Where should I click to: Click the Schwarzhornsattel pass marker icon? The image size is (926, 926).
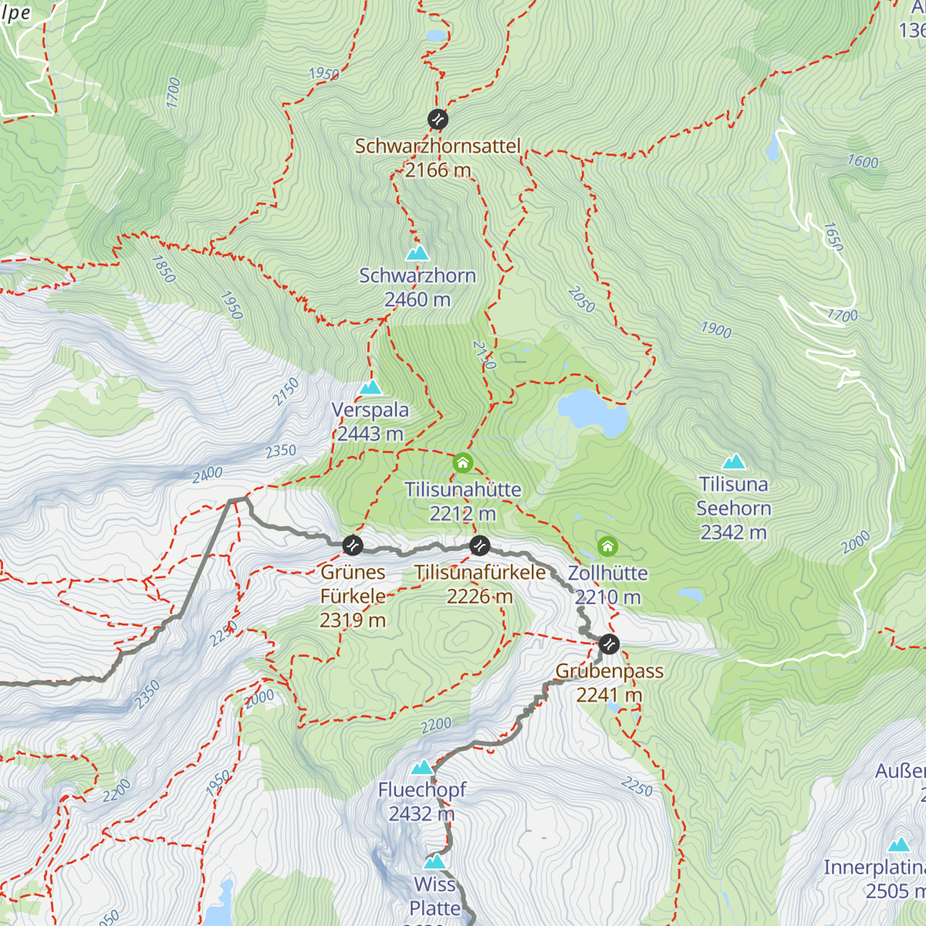438,119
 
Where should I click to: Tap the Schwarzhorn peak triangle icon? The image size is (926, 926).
417,253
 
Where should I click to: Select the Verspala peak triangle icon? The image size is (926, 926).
370,387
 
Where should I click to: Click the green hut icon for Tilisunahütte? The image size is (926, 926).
462,463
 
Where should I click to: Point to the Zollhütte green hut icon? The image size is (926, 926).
607,547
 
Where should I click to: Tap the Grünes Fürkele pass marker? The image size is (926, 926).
352,546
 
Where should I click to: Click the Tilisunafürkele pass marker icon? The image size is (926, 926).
480,546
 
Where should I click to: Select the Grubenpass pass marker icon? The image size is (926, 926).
609,644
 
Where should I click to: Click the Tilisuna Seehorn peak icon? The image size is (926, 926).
734,462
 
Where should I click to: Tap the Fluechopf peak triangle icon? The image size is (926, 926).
421,767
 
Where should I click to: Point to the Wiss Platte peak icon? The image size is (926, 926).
435,862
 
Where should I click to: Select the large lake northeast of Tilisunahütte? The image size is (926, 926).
593,412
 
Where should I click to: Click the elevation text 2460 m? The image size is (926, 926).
417,299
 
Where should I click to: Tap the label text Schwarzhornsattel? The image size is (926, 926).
438,146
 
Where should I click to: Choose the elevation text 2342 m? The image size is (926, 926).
733,532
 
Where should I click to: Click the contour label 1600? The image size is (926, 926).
863,161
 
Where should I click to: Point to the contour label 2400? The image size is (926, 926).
207,474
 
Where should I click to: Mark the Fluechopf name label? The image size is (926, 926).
422,790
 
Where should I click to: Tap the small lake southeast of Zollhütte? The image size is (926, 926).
690,595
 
